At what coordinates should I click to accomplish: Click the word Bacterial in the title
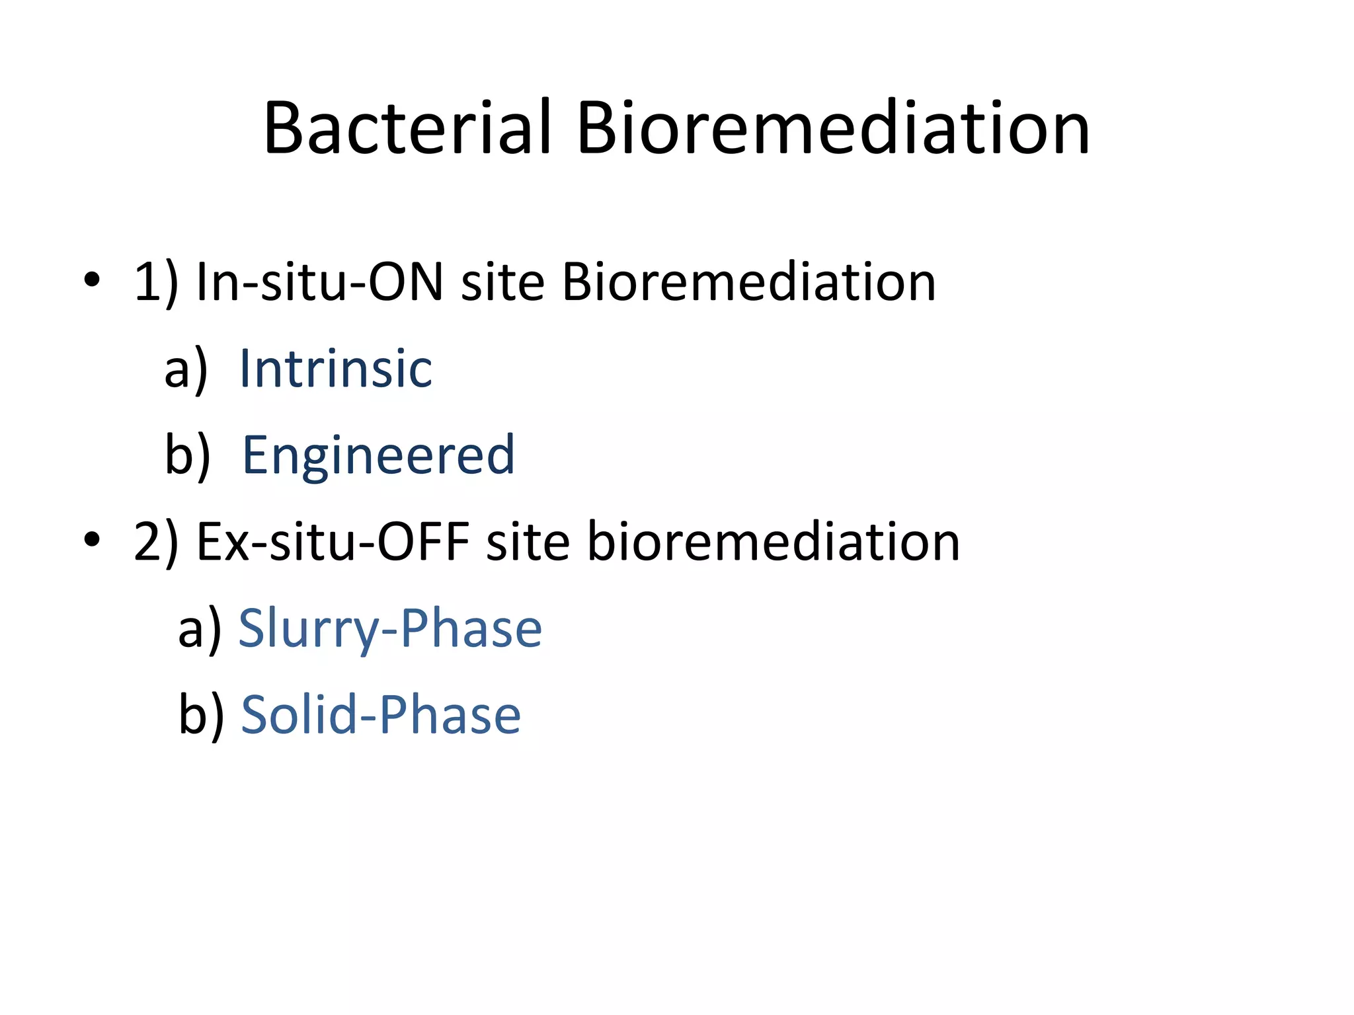pyautogui.click(x=407, y=128)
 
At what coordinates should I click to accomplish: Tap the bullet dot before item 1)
pyautogui.click(x=92, y=280)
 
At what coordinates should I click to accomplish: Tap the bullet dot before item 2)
pyautogui.click(x=92, y=540)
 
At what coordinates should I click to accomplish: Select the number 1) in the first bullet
pyautogui.click(x=156, y=283)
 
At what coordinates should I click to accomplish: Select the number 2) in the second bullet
pyautogui.click(x=156, y=543)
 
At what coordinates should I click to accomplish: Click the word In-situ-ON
pyautogui.click(x=319, y=283)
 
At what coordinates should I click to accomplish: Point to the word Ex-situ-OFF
pyautogui.click(x=333, y=543)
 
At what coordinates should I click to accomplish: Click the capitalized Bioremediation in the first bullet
pyautogui.click(x=748, y=283)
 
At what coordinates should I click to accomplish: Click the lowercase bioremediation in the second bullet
pyautogui.click(x=773, y=543)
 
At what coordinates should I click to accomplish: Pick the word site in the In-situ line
pyautogui.click(x=502, y=283)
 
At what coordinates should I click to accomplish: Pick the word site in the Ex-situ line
pyautogui.click(x=528, y=543)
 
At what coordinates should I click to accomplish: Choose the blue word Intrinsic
pyautogui.click(x=335, y=369)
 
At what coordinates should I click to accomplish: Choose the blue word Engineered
pyautogui.click(x=378, y=455)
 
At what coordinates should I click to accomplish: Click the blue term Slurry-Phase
pyautogui.click(x=390, y=629)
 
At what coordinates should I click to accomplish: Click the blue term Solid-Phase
pyautogui.click(x=381, y=716)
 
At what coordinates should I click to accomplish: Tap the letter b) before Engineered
pyautogui.click(x=187, y=455)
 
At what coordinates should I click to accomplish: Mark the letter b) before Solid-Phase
pyautogui.click(x=201, y=716)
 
